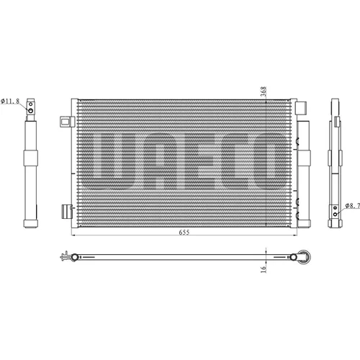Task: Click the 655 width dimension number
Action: pos(184,232)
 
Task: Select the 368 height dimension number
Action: pos(264,91)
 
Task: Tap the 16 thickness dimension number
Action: pos(264,269)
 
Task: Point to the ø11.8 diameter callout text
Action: pos(10,101)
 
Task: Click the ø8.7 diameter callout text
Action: pos(353,205)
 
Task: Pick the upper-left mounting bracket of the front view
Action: pos(67,122)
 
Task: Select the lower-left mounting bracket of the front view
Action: pos(67,212)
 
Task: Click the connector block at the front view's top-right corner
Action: pos(301,108)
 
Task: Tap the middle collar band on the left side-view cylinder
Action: pos(31,158)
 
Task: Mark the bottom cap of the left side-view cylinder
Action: pos(31,223)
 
